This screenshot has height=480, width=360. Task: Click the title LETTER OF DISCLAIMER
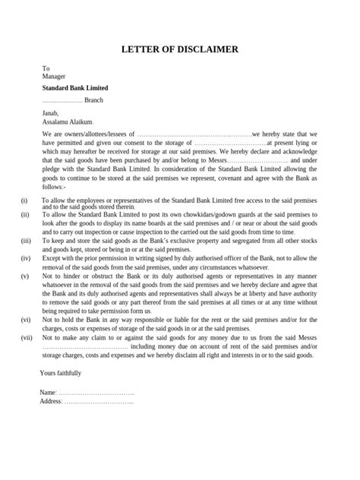pyautogui.click(x=180, y=49)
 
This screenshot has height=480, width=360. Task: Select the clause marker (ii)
pyautogui.click(x=25, y=215)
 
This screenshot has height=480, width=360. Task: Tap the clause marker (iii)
pyautogui.click(x=26, y=240)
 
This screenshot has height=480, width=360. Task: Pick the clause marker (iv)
pyautogui.click(x=26, y=259)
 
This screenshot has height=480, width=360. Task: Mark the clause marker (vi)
pyautogui.click(x=26, y=320)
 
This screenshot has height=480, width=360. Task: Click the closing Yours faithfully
pyautogui.click(x=60, y=374)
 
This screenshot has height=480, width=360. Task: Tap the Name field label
pyautogui.click(x=49, y=392)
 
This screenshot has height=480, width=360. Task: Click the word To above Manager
pyautogui.click(x=46, y=68)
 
